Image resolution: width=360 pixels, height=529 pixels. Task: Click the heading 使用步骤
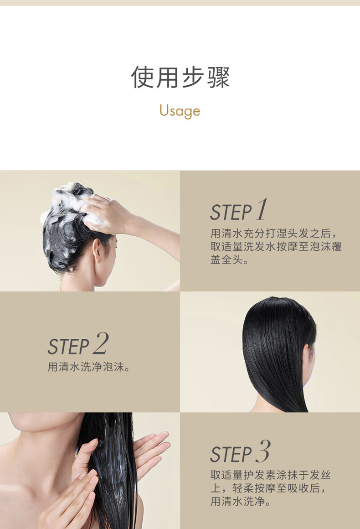pyautogui.click(x=180, y=77)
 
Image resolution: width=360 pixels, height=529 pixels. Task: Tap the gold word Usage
pyautogui.click(x=180, y=110)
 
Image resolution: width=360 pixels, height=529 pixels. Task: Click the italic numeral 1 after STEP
pyautogui.click(x=262, y=209)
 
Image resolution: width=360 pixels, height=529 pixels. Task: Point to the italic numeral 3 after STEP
pyautogui.click(x=263, y=451)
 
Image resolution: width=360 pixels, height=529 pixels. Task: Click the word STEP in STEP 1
pyautogui.click(x=231, y=212)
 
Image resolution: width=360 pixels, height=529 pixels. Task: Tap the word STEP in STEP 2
pyautogui.click(x=68, y=347)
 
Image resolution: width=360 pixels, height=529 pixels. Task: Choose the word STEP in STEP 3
pyautogui.click(x=231, y=454)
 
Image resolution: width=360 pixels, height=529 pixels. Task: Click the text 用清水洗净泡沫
pyautogui.click(x=86, y=367)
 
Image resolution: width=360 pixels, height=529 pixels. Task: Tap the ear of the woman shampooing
pyautogui.click(x=97, y=250)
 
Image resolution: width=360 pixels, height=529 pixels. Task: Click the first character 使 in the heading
pyautogui.click(x=142, y=77)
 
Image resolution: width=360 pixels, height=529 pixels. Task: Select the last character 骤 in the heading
pyautogui.click(x=218, y=77)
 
